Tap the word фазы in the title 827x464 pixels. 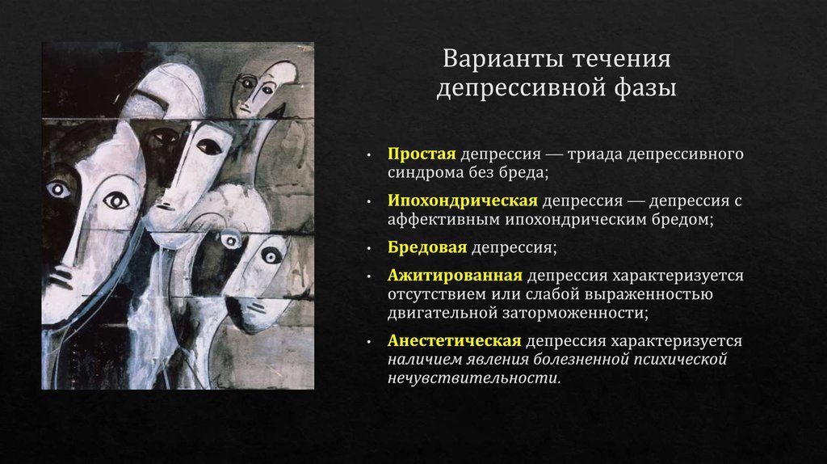point(644,87)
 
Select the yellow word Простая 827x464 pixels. point(422,154)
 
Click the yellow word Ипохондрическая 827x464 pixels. point(463,200)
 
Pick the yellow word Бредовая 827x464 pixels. point(427,247)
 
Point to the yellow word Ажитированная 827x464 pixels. point(455,276)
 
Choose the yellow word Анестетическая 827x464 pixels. point(454,340)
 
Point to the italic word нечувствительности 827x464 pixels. point(474,378)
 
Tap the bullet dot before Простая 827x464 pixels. point(369,156)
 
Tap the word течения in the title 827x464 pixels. point(622,58)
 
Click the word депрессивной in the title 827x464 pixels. point(521,87)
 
